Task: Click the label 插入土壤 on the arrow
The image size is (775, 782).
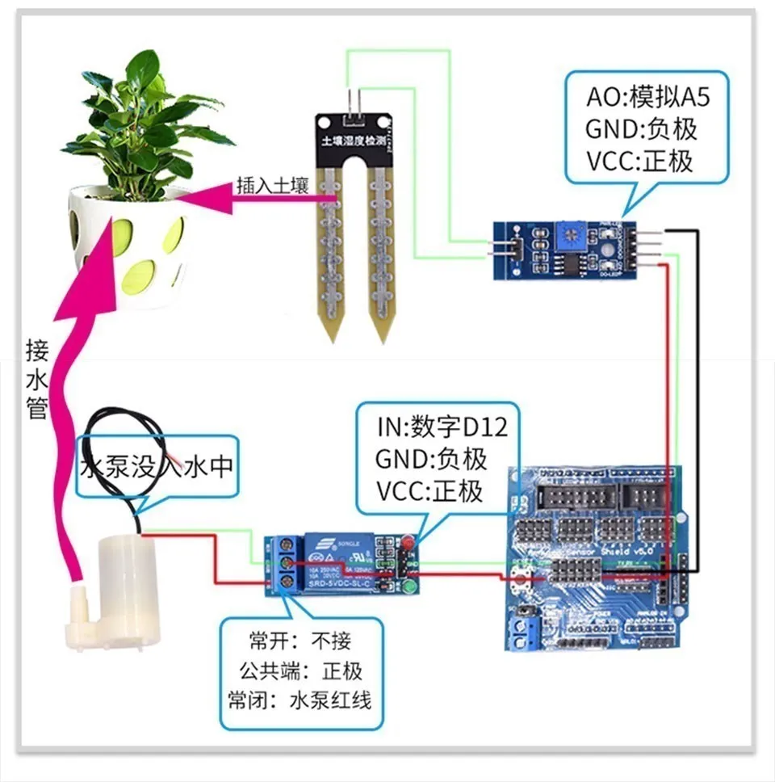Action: point(273,186)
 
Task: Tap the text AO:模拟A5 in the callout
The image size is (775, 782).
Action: point(649,99)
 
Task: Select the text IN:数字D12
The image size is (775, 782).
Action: point(442,426)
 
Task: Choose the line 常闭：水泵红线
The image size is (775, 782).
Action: point(300,700)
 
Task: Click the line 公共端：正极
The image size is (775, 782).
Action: point(300,671)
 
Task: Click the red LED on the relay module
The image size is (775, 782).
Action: point(407,540)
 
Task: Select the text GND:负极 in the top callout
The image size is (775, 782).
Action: point(641,129)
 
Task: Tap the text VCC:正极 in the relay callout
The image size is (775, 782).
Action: point(429,490)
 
